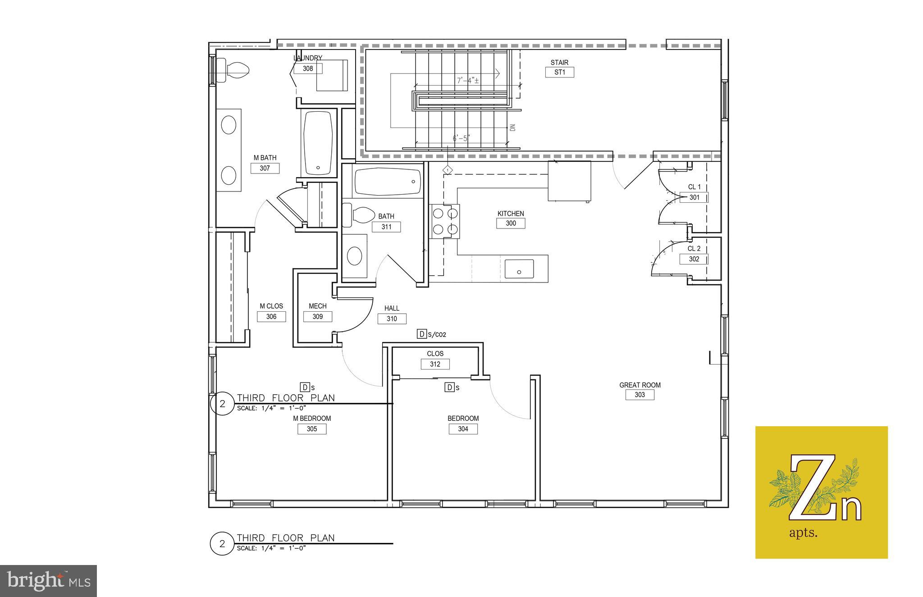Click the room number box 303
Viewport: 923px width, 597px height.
pyautogui.click(x=640, y=395)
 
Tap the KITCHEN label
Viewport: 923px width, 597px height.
pyautogui.click(x=511, y=214)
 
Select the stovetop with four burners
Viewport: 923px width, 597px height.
pyautogui.click(x=445, y=221)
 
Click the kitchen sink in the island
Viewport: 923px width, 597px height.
pyautogui.click(x=519, y=269)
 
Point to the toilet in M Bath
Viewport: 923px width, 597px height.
pyautogui.click(x=233, y=70)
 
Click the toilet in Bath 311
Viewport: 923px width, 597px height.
pyautogui.click(x=359, y=215)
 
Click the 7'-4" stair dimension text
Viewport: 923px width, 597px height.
pyautogui.click(x=468, y=81)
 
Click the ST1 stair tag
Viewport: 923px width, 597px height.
pyautogui.click(x=559, y=72)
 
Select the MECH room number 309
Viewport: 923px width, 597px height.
pyautogui.click(x=318, y=317)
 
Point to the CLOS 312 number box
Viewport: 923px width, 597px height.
pyautogui.click(x=435, y=364)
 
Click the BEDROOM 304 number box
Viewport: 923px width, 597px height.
pyautogui.click(x=463, y=429)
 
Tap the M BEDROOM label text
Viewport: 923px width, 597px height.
pyautogui.click(x=312, y=418)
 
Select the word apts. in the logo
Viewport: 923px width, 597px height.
pyautogui.click(x=803, y=533)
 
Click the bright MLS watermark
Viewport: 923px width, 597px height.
pyautogui.click(x=49, y=581)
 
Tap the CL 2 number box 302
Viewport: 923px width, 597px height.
pyautogui.click(x=694, y=259)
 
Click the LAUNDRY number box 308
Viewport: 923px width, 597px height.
pyautogui.click(x=308, y=68)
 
